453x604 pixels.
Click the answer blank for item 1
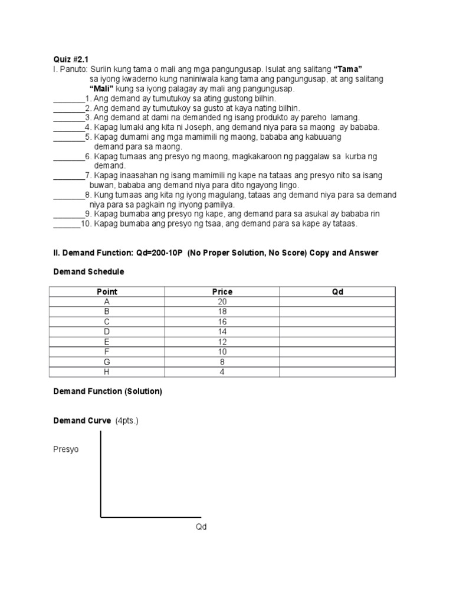(x=69, y=99)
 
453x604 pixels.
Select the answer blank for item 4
(x=69, y=127)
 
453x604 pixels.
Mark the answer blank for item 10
(x=67, y=224)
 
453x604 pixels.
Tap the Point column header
(x=107, y=291)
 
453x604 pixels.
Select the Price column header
(x=222, y=291)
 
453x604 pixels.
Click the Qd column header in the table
(x=337, y=291)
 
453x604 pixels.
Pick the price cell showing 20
(x=222, y=301)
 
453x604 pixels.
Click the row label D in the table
(x=107, y=332)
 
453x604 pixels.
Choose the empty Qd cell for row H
(x=337, y=372)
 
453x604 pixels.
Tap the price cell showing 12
(x=222, y=342)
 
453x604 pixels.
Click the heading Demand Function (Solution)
(x=107, y=392)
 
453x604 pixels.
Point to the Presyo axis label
(x=65, y=449)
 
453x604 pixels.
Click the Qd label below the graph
(x=201, y=527)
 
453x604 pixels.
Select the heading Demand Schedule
(x=88, y=272)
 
